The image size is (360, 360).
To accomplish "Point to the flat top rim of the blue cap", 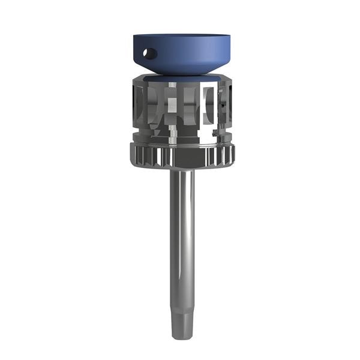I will [x=183, y=35].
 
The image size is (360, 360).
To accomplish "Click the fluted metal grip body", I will [x=181, y=111].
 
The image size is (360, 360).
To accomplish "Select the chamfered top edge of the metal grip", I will [x=181, y=80].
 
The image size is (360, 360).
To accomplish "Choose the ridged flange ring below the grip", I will [x=181, y=156].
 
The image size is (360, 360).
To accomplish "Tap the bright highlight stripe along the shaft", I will [x=187, y=240].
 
